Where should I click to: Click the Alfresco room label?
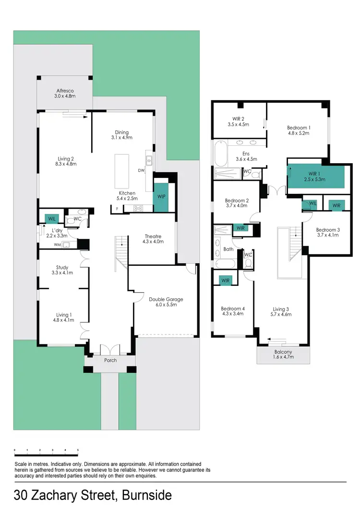[x=64, y=91]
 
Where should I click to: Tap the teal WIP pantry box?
[x=160, y=196]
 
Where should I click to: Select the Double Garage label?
[x=166, y=299]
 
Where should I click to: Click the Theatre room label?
[x=153, y=236]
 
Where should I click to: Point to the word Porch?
[x=110, y=360]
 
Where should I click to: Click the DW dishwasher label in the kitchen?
[x=141, y=170]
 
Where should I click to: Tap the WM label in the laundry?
[x=57, y=245]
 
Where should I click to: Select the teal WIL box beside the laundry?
[x=51, y=219]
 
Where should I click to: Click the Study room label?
[x=62, y=267]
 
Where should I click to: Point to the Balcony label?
[x=283, y=352]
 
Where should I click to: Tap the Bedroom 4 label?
[x=232, y=308]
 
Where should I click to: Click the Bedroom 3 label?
[x=327, y=230]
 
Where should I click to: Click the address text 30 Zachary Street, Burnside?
[x=93, y=495]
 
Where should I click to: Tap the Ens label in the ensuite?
[x=240, y=154]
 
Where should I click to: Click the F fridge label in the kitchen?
[x=117, y=208]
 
